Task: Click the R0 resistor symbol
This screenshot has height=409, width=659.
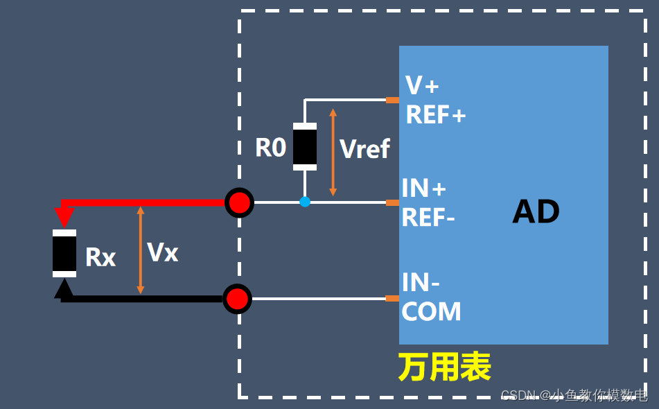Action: pos(305,146)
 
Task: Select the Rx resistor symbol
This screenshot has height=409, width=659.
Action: pos(64,254)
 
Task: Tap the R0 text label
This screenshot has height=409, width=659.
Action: pos(270,148)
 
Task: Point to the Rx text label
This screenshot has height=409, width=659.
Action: pos(100,258)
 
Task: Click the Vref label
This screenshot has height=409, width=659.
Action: pos(365,149)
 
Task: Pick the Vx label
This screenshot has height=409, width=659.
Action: pos(163,252)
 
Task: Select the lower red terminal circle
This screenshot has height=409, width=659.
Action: pos(237,299)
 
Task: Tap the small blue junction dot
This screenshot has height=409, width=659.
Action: pos(305,202)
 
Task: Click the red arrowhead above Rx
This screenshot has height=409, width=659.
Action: pos(64,218)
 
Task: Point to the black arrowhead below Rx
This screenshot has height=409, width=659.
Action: pos(64,288)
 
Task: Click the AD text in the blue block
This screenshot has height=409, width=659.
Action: pos(536,211)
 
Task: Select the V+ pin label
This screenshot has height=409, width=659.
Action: pos(422,85)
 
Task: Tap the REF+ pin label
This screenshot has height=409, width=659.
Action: pos(436,115)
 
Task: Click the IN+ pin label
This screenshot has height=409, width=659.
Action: pos(424,188)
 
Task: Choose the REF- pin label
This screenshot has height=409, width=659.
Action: pos(428,218)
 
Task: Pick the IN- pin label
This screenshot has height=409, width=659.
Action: pos(421,283)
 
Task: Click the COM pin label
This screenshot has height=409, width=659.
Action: pos(431,312)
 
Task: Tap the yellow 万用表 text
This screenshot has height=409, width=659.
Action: pos(444,367)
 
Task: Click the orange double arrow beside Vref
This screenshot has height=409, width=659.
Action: pos(333,151)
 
